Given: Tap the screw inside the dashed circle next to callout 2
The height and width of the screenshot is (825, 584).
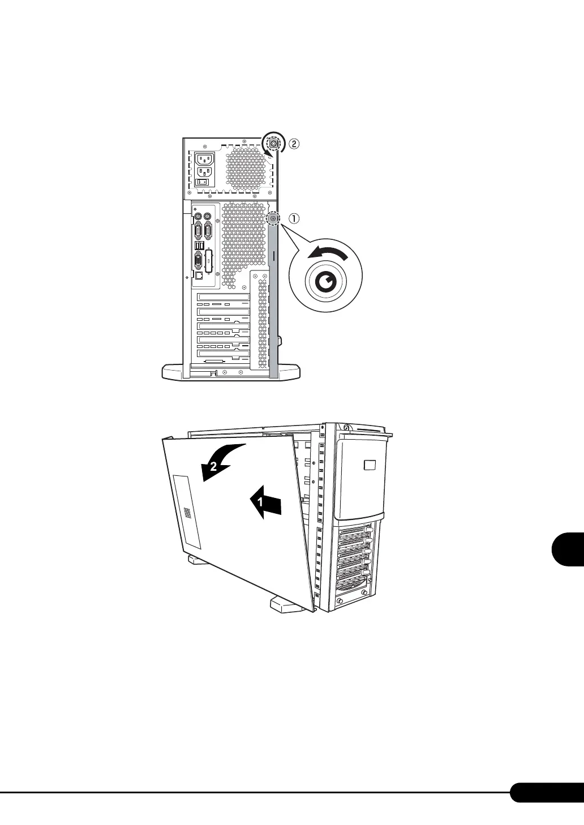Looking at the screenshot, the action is (273, 144).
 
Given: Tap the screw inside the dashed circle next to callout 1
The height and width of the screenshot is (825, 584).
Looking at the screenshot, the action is (273, 218).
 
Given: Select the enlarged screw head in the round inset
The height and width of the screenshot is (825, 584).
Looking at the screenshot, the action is (324, 281).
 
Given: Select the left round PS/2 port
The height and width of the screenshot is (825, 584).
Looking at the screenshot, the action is (198, 216).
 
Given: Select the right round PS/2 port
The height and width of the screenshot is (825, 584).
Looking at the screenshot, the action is (208, 216).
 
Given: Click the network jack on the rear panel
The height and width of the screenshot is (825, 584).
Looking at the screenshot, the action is (199, 275).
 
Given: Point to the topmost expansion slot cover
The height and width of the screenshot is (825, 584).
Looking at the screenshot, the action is (224, 298).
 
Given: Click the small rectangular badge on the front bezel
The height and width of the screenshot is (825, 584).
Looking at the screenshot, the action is (370, 465).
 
